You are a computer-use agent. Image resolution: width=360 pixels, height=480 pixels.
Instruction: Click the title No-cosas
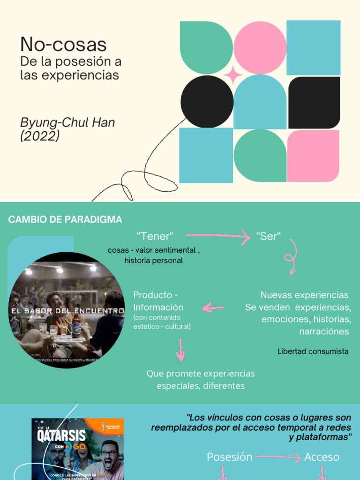click(63, 45)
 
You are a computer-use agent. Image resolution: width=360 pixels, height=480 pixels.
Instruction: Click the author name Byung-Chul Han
click(67, 123)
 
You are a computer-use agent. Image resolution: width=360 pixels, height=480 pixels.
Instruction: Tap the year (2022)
click(40, 136)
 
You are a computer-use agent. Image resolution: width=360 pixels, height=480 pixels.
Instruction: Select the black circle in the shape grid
click(207, 101)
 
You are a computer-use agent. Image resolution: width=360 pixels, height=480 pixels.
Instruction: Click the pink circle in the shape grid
click(260, 47)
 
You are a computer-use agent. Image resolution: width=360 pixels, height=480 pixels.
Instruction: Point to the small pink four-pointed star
click(233, 75)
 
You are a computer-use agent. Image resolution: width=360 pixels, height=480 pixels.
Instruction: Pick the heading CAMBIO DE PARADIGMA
click(65, 219)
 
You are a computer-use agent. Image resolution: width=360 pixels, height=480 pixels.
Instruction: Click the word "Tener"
click(155, 236)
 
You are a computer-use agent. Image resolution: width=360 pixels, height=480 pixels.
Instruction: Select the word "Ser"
click(269, 236)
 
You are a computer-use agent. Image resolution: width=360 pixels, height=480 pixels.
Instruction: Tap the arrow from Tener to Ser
click(218, 236)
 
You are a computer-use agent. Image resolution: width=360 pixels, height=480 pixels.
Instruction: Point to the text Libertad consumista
click(313, 351)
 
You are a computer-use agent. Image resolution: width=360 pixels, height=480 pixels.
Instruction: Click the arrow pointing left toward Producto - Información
click(213, 307)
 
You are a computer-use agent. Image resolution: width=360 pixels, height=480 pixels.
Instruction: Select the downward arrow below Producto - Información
click(180, 350)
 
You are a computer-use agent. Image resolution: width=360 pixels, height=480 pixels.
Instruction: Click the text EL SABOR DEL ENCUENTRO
click(67, 310)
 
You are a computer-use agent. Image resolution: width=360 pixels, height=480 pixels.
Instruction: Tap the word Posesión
click(230, 457)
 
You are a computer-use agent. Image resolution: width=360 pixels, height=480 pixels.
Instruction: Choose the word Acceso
click(322, 457)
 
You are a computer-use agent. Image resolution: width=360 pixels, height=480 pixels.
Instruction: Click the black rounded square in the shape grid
click(314, 102)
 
